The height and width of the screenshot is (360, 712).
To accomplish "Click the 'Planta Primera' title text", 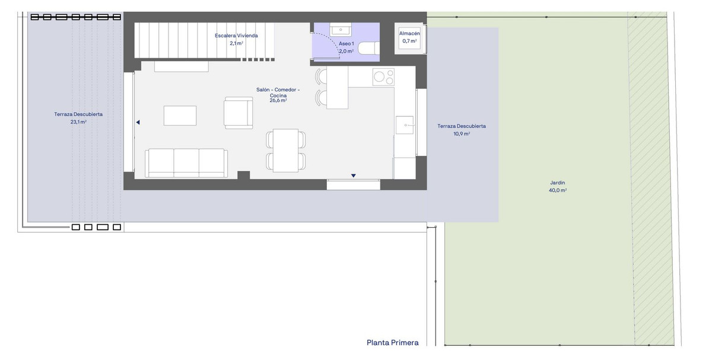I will click(392, 342).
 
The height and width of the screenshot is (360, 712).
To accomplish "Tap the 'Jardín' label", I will click(557, 183).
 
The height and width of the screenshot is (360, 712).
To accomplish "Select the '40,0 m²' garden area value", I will click(557, 190).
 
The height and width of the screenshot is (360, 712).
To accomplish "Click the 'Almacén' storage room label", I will click(409, 34).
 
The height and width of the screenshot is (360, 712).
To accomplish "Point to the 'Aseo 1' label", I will click(346, 44).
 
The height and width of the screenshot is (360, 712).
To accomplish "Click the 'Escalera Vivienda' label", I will click(236, 36).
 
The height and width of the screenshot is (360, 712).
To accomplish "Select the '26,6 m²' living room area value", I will click(278, 101).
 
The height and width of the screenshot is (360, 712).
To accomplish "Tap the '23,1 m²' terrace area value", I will click(78, 122).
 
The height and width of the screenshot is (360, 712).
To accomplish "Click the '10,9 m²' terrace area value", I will click(461, 133).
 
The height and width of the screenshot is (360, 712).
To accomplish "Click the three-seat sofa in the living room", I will click(186, 163).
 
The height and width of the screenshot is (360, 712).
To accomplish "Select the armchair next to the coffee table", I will click(238, 113).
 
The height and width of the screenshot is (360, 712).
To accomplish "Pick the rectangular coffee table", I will click(180, 115).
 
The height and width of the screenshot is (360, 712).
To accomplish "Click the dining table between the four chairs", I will click(285, 150).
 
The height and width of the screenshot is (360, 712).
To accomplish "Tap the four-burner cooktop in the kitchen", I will click(383, 77).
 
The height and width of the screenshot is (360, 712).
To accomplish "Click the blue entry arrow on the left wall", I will click(138, 122).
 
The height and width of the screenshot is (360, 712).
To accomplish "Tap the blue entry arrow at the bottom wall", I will click(353, 176).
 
